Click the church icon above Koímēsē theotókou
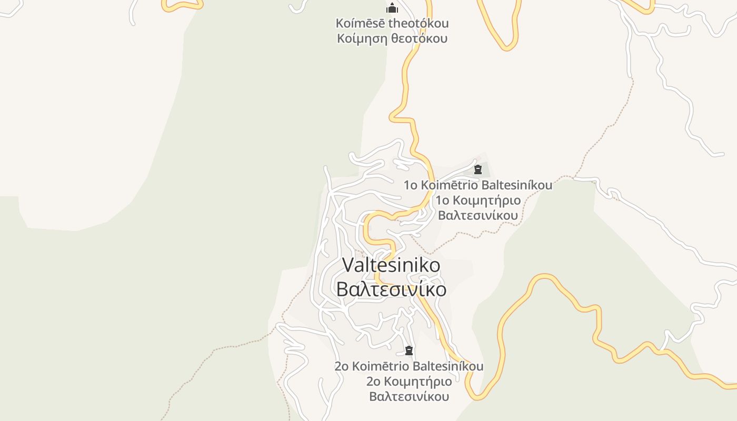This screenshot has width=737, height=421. click(x=392, y=8)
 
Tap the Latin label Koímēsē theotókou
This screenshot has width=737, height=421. click(x=392, y=23)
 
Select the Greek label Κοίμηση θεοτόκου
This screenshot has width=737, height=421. click(x=392, y=38)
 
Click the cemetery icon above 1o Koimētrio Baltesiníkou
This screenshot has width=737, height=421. click(x=478, y=169)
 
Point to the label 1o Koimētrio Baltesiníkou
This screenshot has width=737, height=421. click(x=478, y=185)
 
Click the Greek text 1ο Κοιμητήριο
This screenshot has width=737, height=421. click(x=478, y=201)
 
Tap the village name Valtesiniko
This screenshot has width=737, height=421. click(x=391, y=265)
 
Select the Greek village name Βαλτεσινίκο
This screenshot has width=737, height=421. click(x=391, y=289)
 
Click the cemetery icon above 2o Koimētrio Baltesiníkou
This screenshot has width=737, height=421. click(x=409, y=350)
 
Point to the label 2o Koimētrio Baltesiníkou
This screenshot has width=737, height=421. click(x=409, y=366)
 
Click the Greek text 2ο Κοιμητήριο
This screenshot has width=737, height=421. click(x=409, y=382)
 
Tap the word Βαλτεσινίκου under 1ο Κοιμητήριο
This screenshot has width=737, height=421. click(x=478, y=216)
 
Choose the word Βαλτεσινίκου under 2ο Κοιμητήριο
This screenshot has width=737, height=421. click(x=409, y=397)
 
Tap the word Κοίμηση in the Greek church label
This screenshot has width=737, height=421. click(x=362, y=38)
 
